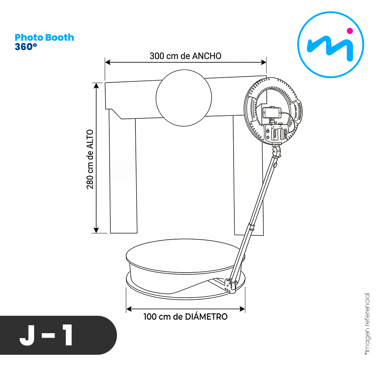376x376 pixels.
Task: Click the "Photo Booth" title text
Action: pos(44,38)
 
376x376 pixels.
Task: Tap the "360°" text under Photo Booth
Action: pos(26,47)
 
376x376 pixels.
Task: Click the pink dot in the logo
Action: pos(350,31)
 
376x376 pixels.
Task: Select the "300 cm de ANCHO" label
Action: pos(185,56)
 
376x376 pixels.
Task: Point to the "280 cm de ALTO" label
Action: pos(90,159)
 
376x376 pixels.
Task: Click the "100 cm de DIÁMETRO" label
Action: pos(185,316)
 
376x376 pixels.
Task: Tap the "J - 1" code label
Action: pos(46,335)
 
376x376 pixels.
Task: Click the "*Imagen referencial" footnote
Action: pos(367,324)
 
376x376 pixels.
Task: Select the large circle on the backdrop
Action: pos(184,98)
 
